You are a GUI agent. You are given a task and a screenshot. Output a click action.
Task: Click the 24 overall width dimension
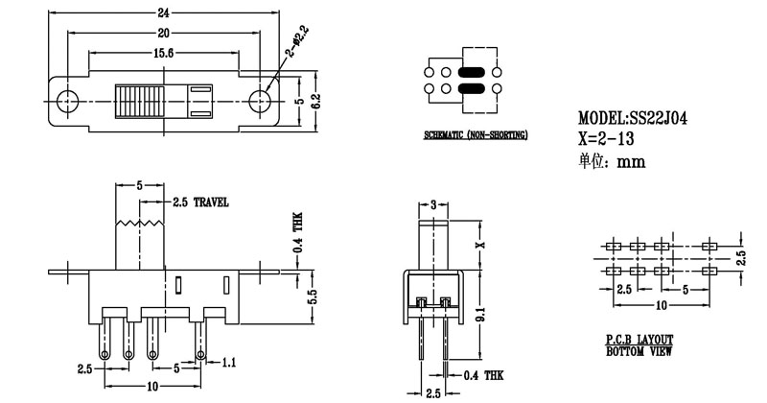click(165, 12)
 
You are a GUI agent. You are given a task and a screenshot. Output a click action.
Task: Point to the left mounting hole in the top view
click(67, 100)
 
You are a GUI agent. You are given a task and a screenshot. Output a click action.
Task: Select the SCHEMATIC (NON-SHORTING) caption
click(476, 137)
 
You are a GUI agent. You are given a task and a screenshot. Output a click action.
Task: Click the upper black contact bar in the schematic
click(476, 72)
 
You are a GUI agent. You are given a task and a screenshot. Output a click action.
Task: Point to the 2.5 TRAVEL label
click(200, 203)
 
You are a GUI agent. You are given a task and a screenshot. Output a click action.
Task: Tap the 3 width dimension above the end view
click(433, 204)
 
